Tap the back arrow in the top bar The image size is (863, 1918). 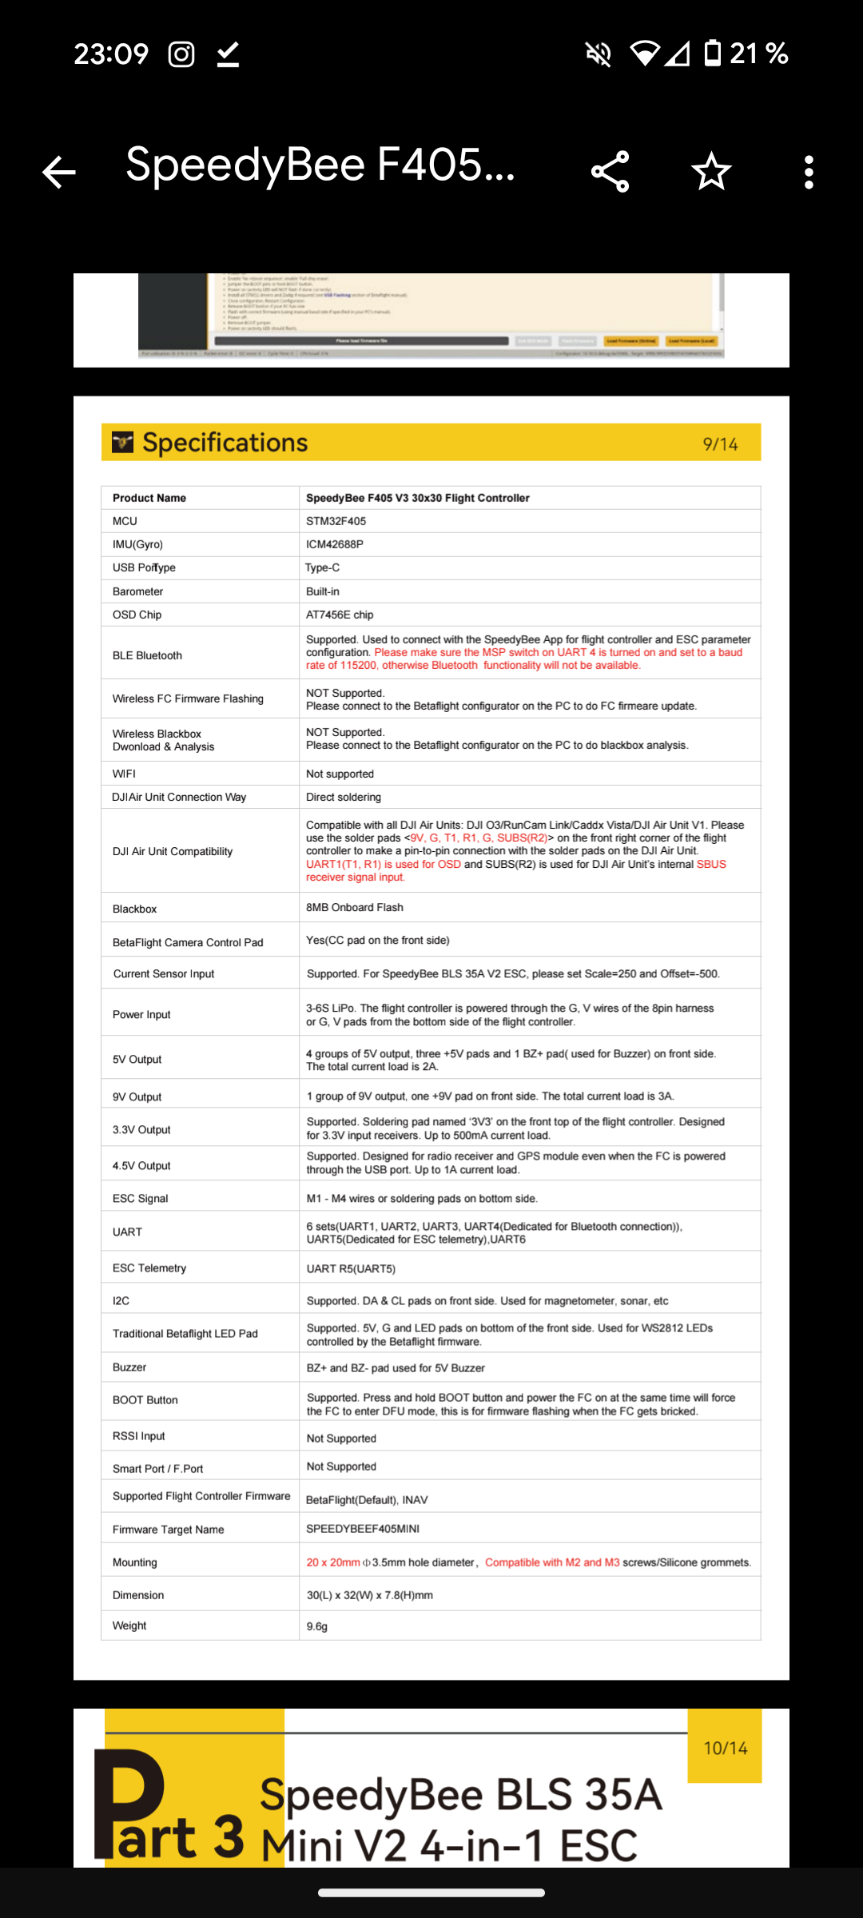click(x=59, y=172)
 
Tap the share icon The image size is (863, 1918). click(x=610, y=172)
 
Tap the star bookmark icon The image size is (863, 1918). click(x=711, y=172)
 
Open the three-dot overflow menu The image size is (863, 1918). click(x=809, y=172)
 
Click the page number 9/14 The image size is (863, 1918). click(x=720, y=444)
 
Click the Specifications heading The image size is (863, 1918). click(x=225, y=443)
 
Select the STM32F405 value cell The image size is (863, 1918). click(x=336, y=521)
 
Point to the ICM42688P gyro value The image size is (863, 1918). click(x=335, y=544)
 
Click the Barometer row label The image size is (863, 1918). click(x=138, y=591)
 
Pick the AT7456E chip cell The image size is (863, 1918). click(x=340, y=615)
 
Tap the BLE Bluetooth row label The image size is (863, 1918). click(x=148, y=655)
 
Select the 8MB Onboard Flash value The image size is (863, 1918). click(x=355, y=907)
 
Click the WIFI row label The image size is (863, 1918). click(x=125, y=774)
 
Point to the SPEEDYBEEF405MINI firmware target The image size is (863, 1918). click(x=363, y=1528)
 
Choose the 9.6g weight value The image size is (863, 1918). click(x=317, y=1626)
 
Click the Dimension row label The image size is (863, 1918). click(x=138, y=1595)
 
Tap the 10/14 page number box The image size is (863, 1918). click(x=725, y=1748)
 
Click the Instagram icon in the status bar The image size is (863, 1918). click(x=181, y=54)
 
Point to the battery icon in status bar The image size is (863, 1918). click(x=712, y=54)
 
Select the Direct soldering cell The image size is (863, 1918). click(x=344, y=797)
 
